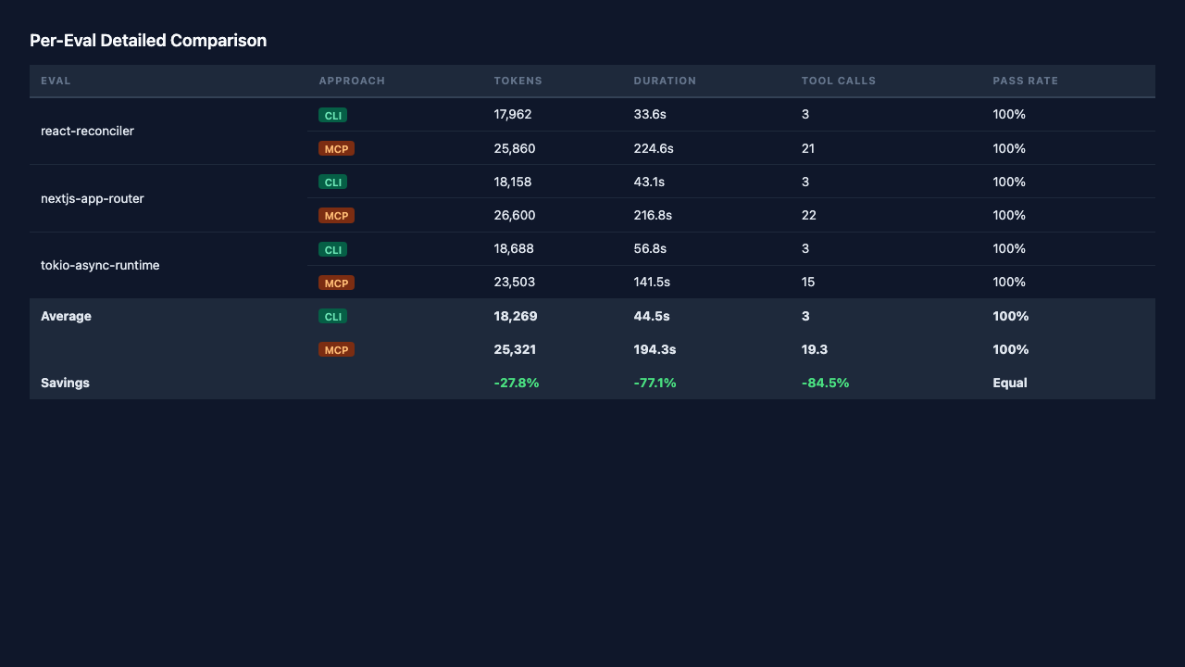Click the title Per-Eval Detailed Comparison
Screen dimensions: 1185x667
click(148, 41)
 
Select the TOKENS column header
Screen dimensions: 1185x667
click(518, 81)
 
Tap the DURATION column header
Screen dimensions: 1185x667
click(665, 81)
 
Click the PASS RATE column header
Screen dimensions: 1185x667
click(1025, 81)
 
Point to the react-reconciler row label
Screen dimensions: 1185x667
click(87, 132)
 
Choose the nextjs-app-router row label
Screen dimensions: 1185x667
click(92, 199)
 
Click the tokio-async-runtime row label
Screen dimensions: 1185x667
click(100, 265)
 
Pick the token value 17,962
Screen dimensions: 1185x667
click(513, 114)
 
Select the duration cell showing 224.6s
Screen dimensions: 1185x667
click(654, 149)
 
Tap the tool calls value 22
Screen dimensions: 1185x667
click(808, 216)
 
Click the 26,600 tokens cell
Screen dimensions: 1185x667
click(514, 216)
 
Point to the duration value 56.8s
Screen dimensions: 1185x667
click(650, 249)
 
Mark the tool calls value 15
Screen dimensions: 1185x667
click(808, 283)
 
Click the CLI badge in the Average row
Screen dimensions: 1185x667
click(332, 317)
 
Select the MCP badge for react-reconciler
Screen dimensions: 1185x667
click(336, 149)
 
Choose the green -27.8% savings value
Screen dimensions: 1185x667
click(517, 384)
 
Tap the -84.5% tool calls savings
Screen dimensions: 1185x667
click(825, 384)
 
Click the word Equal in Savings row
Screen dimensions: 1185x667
click(1010, 384)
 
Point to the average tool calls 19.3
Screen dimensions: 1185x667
click(814, 350)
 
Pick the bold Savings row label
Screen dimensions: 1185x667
click(65, 384)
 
